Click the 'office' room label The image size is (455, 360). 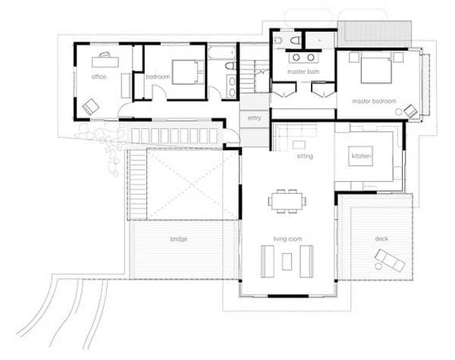tap(99, 77)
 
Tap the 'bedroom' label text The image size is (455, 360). tap(158, 77)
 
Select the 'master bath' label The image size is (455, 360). tap(303, 71)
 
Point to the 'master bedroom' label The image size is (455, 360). tap(374, 102)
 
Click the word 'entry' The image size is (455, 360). tap(255, 118)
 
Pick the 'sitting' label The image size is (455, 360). tap(305, 156)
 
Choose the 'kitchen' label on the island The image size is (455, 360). tap(361, 156)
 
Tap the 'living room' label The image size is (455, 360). tap(287, 239)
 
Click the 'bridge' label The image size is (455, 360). tap(178, 239)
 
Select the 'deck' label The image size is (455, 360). tap(381, 239)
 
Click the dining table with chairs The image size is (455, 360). tap(287, 201)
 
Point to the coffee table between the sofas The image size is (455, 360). tap(287, 261)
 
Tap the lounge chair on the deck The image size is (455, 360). tap(390, 260)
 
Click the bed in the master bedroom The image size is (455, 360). tap(376, 70)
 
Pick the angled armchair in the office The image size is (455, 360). tap(91, 106)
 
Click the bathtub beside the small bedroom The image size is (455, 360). tap(222, 52)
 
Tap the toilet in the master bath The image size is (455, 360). tap(295, 41)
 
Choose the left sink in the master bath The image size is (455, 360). tap(296, 58)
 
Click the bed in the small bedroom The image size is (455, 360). tap(188, 72)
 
